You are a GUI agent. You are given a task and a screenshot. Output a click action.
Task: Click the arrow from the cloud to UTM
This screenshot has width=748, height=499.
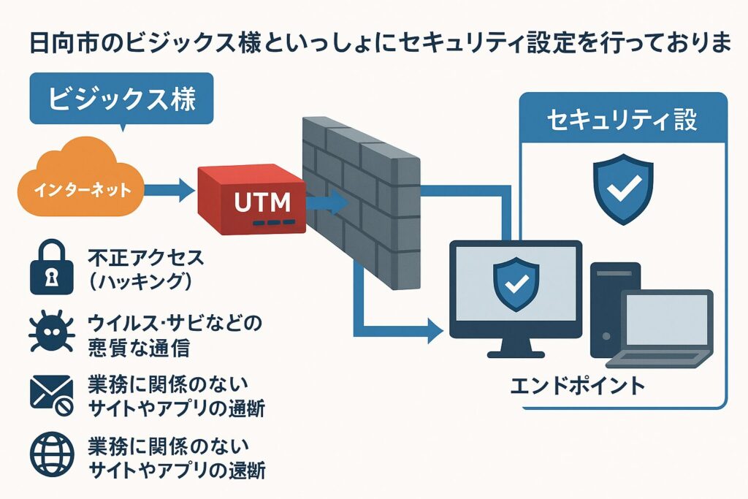[169, 191]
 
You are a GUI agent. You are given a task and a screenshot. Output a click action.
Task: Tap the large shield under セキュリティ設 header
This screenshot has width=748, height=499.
[622, 188]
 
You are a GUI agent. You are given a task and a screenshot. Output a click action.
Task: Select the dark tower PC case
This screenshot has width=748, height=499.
[612, 307]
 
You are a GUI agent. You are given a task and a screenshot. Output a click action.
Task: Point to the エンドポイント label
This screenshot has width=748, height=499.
[577, 385]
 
